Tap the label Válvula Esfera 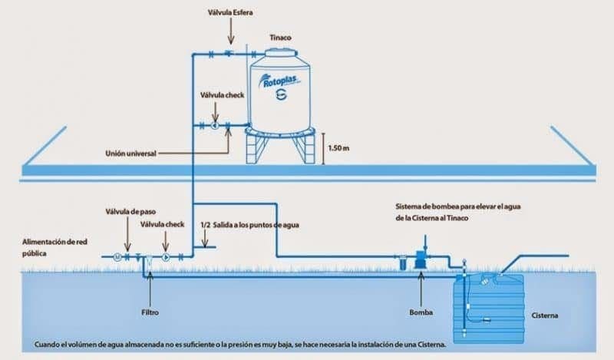pyautogui.click(x=231, y=12)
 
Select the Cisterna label pyautogui.click(x=546, y=315)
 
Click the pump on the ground pyautogui.click(x=420, y=259)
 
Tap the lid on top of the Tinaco pyautogui.click(x=279, y=50)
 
